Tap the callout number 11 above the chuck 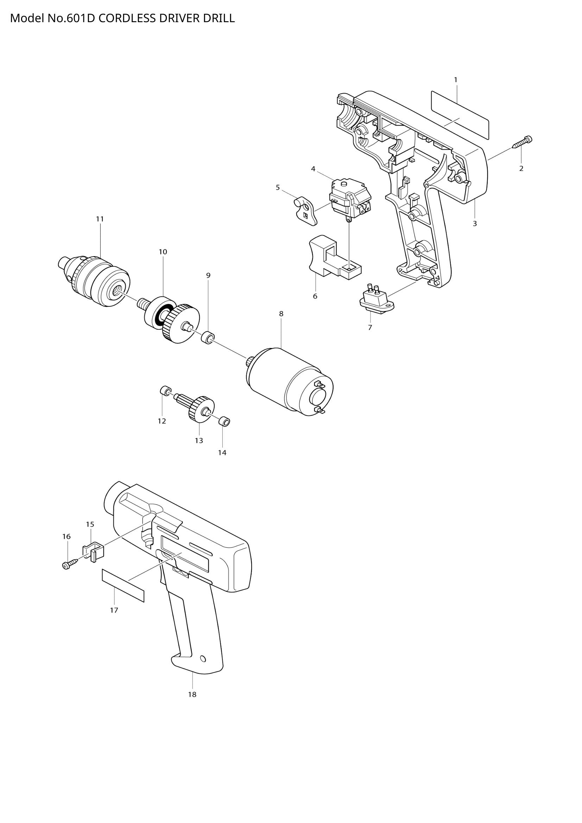tap(100, 219)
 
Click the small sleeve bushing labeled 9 tap(208, 337)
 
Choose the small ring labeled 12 tap(165, 391)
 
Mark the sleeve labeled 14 tap(224, 421)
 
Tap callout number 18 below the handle tap(192, 694)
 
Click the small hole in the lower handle tap(203, 658)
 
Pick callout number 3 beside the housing tap(474, 224)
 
